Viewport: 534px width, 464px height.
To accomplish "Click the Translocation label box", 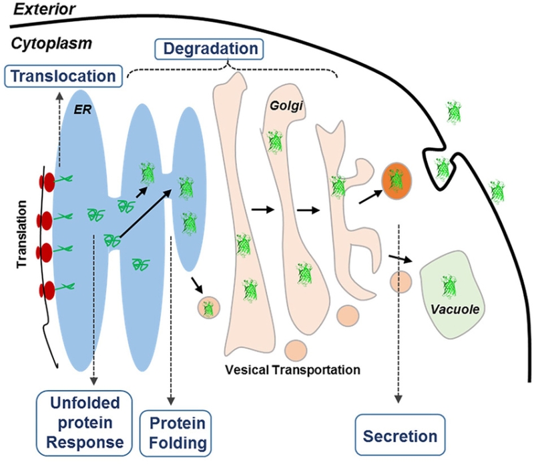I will coord(63,76).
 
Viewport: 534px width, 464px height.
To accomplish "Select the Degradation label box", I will coord(208,49).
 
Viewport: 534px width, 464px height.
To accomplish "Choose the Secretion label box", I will coord(400,437).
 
